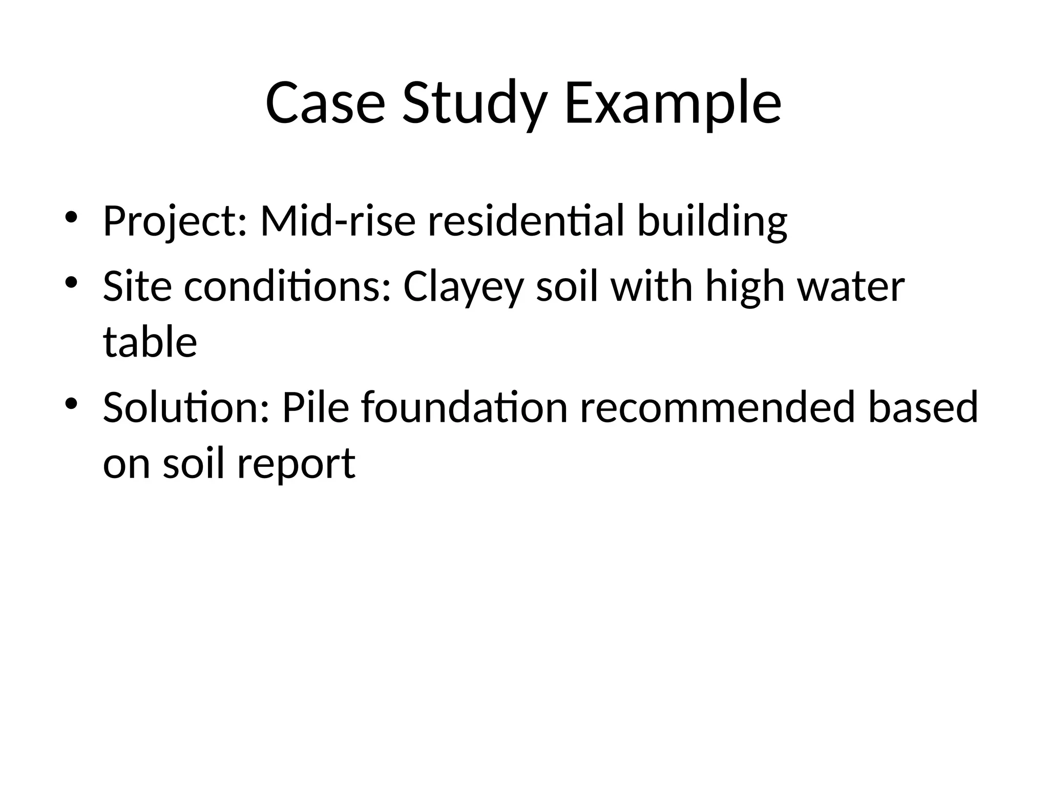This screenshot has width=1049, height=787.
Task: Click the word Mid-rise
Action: [x=338, y=221]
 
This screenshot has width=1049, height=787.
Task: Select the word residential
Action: [x=527, y=221]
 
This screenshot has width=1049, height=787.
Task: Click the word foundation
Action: [x=464, y=407]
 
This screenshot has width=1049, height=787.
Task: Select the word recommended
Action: [x=717, y=407]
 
